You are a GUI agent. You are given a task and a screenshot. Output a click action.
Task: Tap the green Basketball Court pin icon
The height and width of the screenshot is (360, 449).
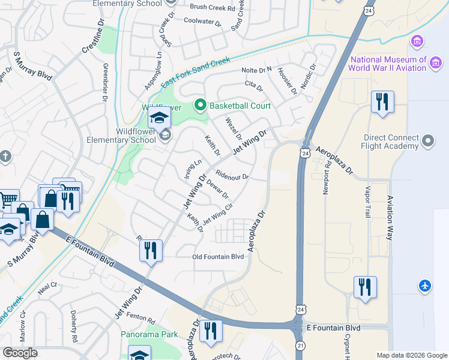coord(200,106)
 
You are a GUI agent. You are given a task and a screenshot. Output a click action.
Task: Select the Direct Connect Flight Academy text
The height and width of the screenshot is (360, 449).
coord(390,142)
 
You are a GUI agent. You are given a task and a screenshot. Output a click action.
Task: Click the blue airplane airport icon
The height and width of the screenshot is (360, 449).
coord(425,285)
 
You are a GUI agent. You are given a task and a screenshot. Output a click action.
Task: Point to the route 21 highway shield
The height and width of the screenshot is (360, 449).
coord(300,346)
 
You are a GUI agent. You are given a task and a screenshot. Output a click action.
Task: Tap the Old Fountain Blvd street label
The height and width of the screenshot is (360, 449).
coord(217,257)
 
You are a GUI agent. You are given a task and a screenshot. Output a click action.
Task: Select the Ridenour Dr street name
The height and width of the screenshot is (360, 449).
coord(232,177)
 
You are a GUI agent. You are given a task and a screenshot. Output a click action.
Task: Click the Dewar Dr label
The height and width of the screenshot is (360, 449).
coord(217,190)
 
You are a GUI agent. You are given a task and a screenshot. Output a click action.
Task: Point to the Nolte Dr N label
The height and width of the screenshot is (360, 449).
coord(256,70)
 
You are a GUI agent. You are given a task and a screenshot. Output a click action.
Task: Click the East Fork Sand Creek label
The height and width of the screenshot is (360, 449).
coord(195,71)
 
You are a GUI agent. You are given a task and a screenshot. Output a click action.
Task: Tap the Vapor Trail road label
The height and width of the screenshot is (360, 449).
coord(368,200)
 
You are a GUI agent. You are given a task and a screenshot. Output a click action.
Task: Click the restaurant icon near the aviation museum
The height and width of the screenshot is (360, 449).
coord(382,102)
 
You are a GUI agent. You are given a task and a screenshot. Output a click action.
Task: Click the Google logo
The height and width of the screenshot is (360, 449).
coord(20,353)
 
